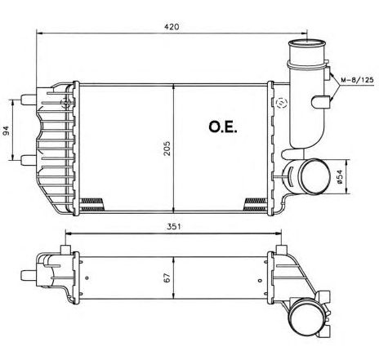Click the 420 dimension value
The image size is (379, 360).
click(172, 27)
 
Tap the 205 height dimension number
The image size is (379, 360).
click(167, 149)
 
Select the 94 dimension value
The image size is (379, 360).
click(6, 131)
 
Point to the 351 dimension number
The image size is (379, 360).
click(173, 226)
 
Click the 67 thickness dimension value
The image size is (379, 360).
click(167, 278)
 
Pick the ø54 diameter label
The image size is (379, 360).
click(340, 176)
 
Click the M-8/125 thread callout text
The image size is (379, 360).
click(357, 80)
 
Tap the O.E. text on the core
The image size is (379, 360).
click(223, 127)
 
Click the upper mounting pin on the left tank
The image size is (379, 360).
click(29, 99)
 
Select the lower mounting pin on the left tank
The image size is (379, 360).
click(29, 159)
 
